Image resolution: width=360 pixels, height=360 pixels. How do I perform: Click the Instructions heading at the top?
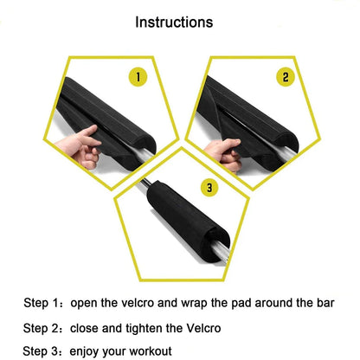(180, 22)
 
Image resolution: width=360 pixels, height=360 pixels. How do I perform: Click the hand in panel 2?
(228, 155)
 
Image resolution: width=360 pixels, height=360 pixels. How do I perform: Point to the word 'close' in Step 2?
(90, 328)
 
